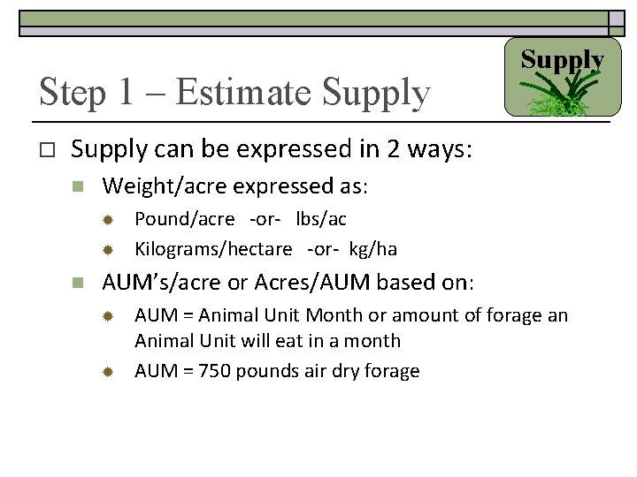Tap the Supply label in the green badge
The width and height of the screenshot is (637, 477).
click(x=562, y=60)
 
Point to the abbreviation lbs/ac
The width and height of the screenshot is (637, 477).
click(x=321, y=219)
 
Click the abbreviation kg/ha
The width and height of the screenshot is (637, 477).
click(x=373, y=249)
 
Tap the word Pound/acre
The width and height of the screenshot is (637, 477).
click(x=185, y=219)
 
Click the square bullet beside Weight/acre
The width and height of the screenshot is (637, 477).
click(x=79, y=187)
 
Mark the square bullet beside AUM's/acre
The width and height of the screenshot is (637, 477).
click(x=79, y=284)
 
